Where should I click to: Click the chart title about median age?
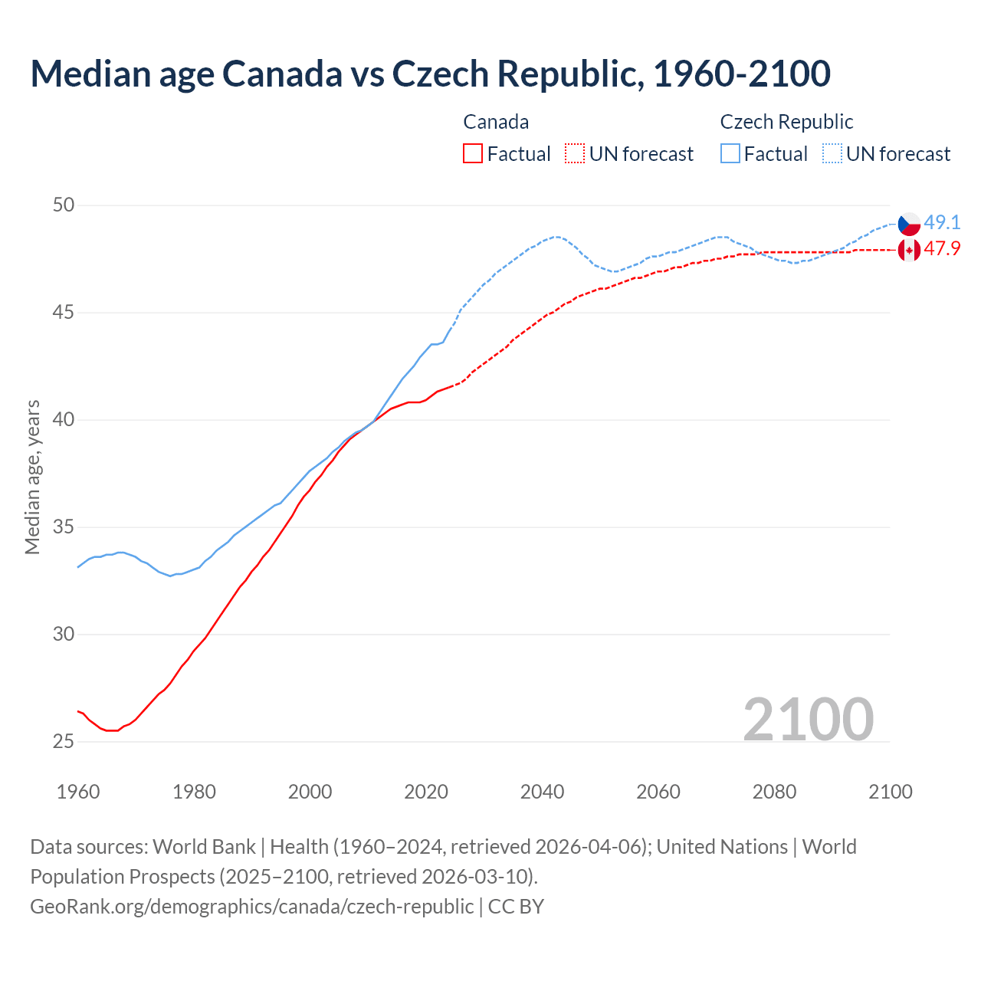430,74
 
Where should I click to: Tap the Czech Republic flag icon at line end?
909,224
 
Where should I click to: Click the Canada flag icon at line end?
909,250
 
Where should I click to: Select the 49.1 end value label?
942,223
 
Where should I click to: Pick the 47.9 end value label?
942,249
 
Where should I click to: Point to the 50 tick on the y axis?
64,205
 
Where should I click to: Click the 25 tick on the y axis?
64,742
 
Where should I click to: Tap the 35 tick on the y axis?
64,527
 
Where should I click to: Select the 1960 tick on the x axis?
78,792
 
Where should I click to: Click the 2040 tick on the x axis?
542,792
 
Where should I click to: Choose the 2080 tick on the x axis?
774,792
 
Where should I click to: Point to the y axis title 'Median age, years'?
32,477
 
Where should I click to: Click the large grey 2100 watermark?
808,719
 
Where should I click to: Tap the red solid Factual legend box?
473,154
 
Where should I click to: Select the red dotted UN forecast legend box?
575,154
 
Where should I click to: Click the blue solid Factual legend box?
730,154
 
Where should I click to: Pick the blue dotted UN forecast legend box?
832,154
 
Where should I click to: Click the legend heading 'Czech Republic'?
786,122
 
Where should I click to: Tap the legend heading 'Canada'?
496,122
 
